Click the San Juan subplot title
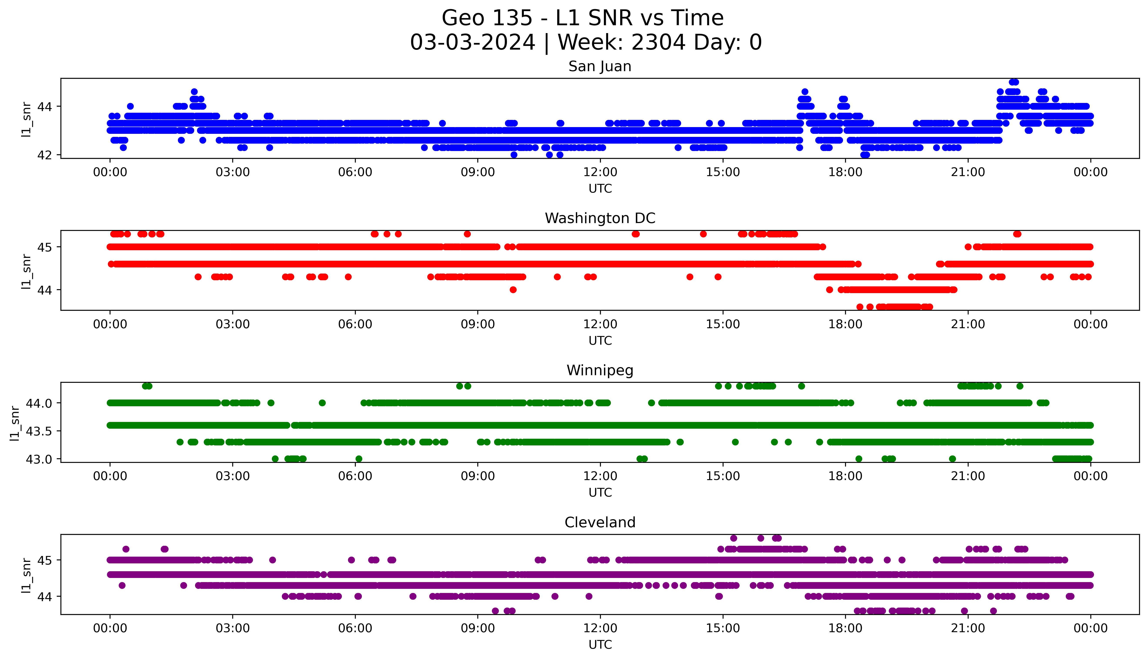tap(600, 67)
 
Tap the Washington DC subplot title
tap(600, 218)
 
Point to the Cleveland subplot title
tap(600, 523)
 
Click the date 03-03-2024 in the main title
tap(472, 43)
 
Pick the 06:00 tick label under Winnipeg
tap(355, 476)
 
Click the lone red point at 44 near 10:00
tap(513, 290)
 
